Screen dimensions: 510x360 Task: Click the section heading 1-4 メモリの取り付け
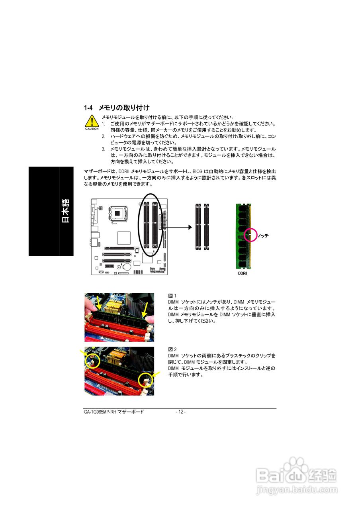tap(117, 108)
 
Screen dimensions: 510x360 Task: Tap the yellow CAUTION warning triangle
tap(92, 121)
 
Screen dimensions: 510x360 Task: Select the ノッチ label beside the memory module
tap(263, 236)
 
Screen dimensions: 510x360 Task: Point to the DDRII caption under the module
tap(243, 274)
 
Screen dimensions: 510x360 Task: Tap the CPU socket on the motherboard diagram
tap(118, 213)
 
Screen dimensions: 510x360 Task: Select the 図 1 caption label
tap(172, 296)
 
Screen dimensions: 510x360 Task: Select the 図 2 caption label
tap(172, 349)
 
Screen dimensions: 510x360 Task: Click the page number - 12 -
tap(180, 412)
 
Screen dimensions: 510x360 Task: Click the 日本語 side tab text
tap(66, 211)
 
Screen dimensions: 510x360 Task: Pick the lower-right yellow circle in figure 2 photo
tap(145, 380)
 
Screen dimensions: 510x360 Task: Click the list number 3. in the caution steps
tap(103, 149)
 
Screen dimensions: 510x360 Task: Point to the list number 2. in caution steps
tap(103, 136)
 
